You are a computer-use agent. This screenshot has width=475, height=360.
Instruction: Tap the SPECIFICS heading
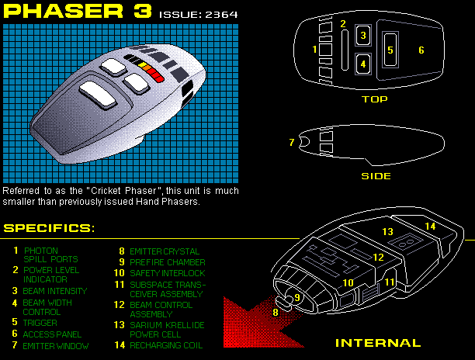[48, 228]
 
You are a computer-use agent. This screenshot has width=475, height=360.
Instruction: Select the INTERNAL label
[377, 342]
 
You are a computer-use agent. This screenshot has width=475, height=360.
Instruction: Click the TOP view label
[374, 99]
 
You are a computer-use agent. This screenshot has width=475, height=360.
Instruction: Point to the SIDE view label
[376, 175]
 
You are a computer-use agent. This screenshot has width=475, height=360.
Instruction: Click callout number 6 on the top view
[421, 50]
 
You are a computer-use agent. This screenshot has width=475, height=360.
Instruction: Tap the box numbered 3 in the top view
[362, 36]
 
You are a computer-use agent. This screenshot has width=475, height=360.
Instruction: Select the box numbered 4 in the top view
[362, 64]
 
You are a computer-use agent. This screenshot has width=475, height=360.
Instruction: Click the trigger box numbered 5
[390, 50]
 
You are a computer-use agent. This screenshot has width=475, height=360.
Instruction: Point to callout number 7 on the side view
[291, 142]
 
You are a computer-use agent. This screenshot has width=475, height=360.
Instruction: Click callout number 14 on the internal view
[430, 226]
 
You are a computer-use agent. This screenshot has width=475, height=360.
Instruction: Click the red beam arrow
[248, 322]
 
